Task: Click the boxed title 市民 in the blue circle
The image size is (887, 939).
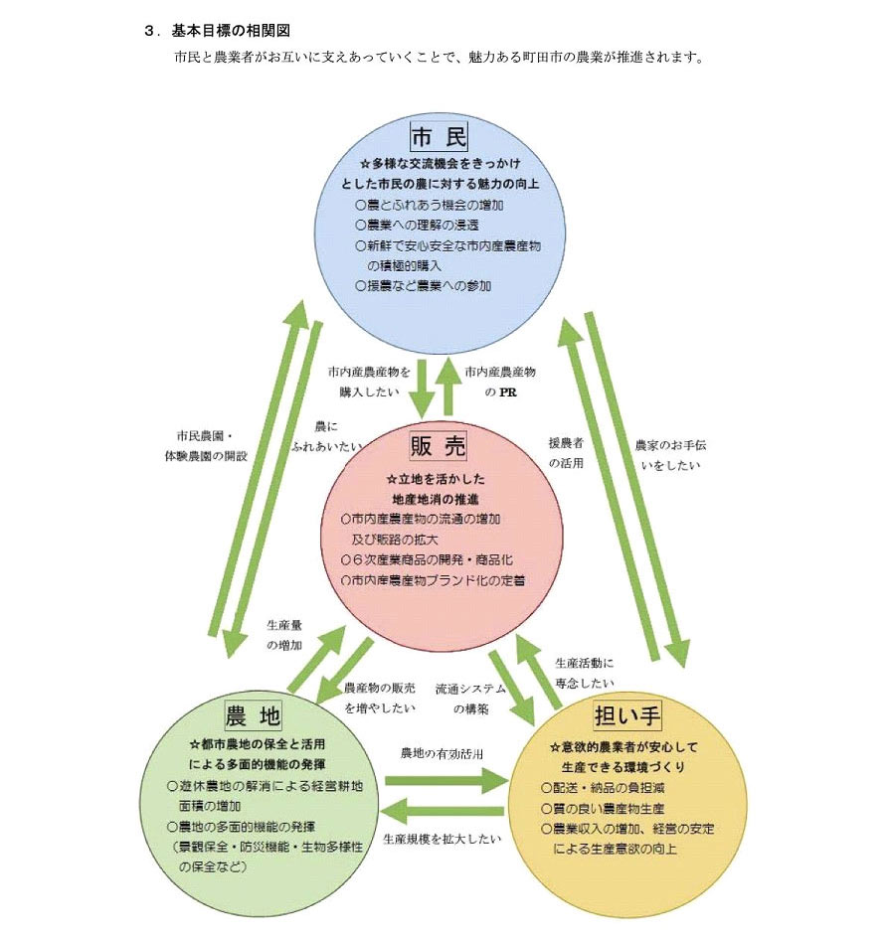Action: pyautogui.click(x=439, y=136)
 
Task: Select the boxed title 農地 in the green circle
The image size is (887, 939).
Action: pyautogui.click(x=254, y=715)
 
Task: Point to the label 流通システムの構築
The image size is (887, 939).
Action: pyautogui.click(x=470, y=699)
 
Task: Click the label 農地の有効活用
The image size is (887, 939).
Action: pyautogui.click(x=442, y=754)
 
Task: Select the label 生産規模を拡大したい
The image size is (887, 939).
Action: pyautogui.click(x=442, y=838)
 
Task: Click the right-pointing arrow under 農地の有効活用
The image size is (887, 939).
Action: pyautogui.click(x=444, y=781)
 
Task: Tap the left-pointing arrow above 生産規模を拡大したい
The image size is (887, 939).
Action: pyautogui.click(x=444, y=809)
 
